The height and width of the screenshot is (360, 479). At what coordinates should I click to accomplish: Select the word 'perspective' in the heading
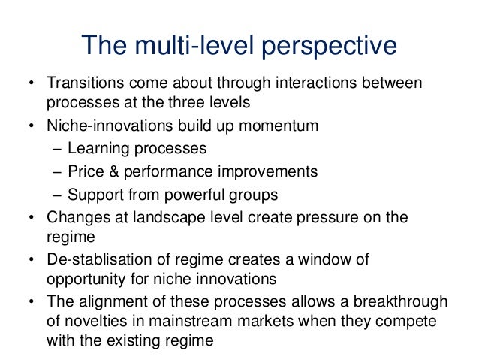pos(327,46)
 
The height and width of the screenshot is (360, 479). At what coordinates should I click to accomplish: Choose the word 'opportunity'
pos(80,279)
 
